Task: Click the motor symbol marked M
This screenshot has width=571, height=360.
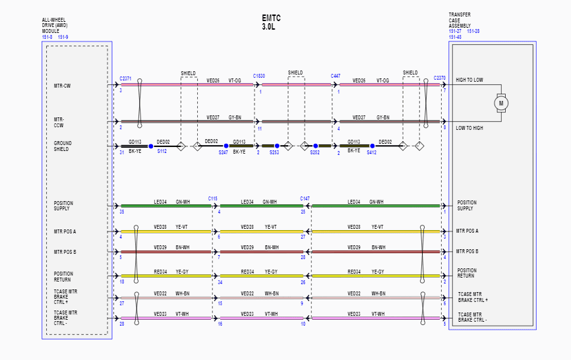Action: (x=501, y=103)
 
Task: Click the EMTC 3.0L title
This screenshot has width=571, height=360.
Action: (x=271, y=22)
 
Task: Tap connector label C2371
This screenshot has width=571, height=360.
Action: (x=126, y=78)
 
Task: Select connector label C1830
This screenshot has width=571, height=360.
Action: (x=259, y=76)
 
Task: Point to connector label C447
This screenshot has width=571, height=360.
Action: (x=336, y=76)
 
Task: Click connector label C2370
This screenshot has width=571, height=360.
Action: (x=440, y=78)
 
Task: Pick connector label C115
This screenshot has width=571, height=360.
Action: (x=213, y=198)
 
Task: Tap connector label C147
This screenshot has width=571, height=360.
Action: (x=305, y=198)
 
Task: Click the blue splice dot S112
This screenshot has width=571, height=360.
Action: (x=151, y=146)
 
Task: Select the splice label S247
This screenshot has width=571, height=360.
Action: (x=224, y=152)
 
